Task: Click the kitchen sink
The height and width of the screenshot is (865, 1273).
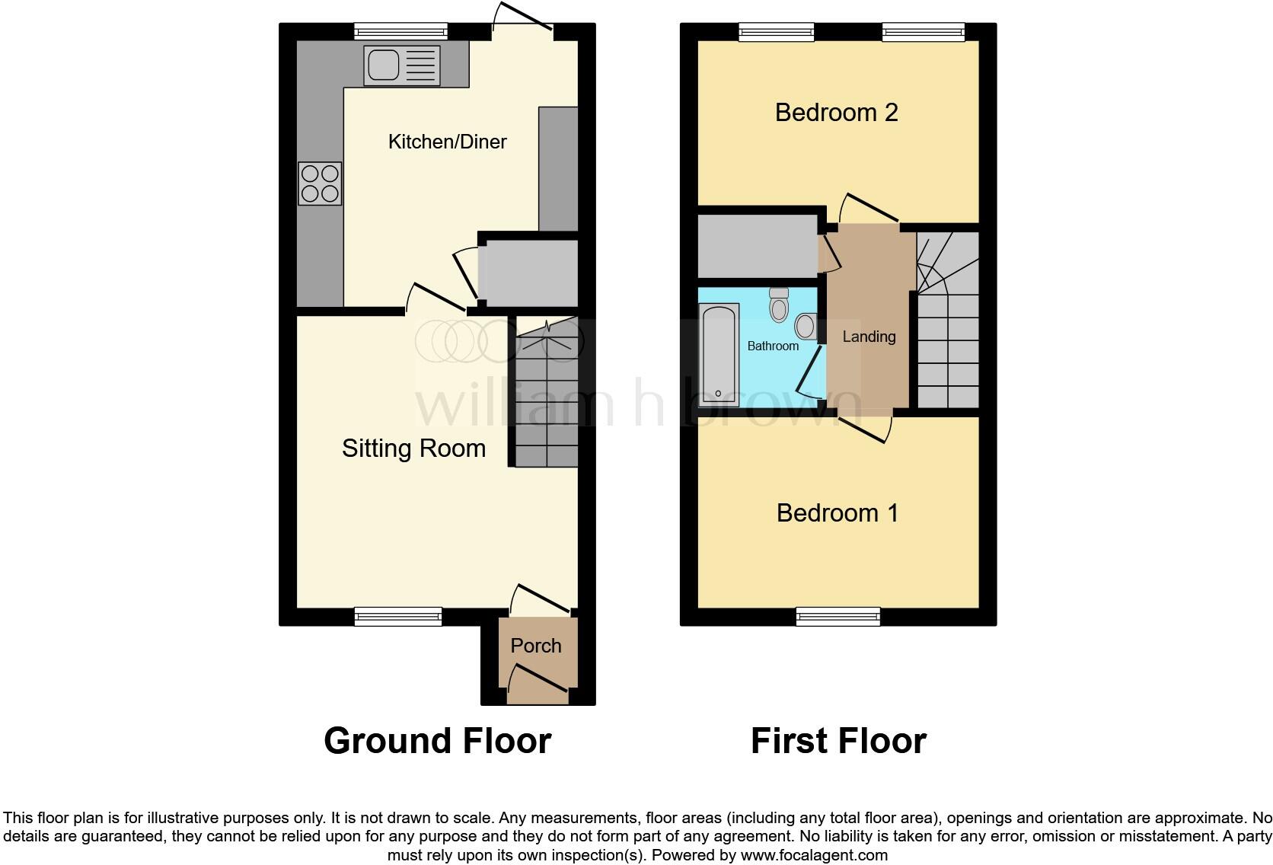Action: [x=401, y=65]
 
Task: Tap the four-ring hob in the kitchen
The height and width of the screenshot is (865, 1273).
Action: [x=320, y=184]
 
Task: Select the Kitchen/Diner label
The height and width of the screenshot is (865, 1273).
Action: [x=447, y=142]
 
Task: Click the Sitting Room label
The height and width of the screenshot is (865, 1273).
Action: [x=413, y=448]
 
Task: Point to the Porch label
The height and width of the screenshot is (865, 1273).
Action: [x=536, y=646]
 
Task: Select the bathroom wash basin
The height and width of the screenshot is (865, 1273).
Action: [x=806, y=327]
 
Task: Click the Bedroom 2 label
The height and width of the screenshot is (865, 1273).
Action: [x=836, y=113]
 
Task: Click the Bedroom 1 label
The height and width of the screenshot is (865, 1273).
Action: [x=837, y=513]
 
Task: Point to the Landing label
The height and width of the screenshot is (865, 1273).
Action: [x=869, y=337]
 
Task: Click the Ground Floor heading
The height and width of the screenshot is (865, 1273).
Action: [x=437, y=740]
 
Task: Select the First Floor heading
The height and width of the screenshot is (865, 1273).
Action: [x=837, y=740]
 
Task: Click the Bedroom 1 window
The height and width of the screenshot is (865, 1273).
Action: [x=837, y=616]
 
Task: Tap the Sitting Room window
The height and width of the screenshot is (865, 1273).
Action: [x=398, y=616]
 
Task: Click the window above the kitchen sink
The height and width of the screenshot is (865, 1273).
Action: [x=400, y=31]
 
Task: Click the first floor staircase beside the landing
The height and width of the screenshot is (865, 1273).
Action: [x=947, y=327]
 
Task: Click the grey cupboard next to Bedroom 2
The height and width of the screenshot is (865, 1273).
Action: [x=758, y=246]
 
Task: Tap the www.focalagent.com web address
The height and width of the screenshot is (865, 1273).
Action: [x=814, y=855]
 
